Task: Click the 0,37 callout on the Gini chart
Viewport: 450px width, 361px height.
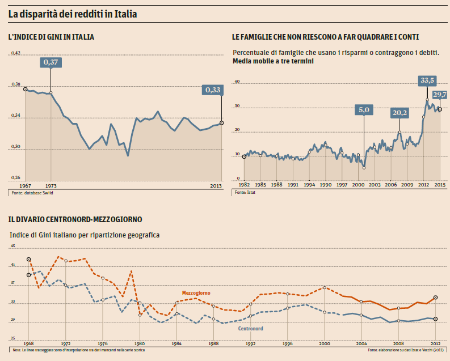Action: point(51,62)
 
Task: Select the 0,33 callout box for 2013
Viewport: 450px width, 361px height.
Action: point(213,90)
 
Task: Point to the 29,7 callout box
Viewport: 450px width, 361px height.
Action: point(440,95)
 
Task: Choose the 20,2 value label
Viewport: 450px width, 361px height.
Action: point(399,113)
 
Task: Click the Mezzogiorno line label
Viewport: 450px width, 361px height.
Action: point(196,292)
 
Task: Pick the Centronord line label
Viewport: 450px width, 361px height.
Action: point(250,328)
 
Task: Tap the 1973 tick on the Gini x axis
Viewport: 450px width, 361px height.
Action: point(51,185)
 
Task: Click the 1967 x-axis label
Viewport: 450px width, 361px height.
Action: point(26,185)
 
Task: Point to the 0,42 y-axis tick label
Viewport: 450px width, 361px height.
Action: point(16,53)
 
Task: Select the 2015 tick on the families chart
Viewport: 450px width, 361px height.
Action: point(440,185)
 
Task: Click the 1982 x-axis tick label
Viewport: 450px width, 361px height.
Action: point(244,185)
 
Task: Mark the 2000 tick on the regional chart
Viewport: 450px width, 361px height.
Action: point(324,343)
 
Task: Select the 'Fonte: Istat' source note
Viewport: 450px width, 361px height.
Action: point(242,193)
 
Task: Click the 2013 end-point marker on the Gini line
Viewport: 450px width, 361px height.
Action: point(221,122)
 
